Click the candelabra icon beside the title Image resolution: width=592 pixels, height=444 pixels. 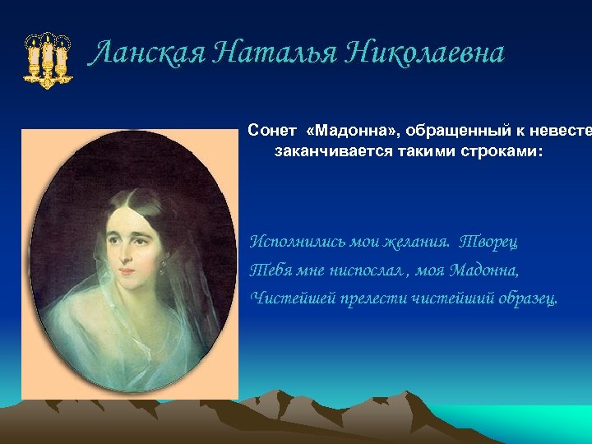coord(48,60)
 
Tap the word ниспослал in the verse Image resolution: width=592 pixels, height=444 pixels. coord(368,271)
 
